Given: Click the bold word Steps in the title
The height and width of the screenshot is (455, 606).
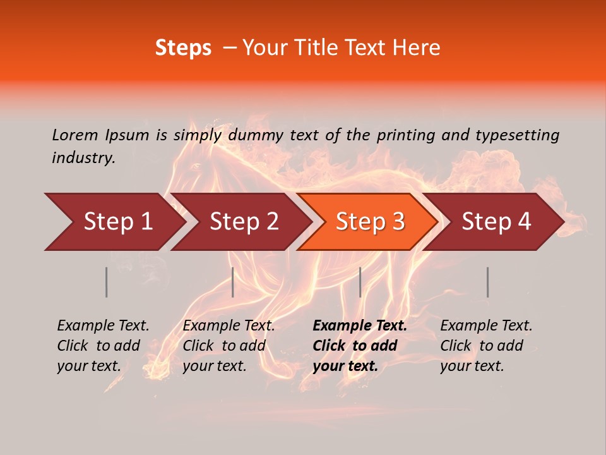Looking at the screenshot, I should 183,48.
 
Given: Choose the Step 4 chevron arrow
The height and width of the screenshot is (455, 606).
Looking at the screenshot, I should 495,222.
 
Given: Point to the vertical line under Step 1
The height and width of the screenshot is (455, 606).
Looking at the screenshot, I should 107,282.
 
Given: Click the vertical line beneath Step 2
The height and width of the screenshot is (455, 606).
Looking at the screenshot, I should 233,282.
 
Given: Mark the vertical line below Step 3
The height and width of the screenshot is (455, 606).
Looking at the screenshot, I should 360,282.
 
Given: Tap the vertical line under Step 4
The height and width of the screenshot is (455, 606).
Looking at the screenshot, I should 487,282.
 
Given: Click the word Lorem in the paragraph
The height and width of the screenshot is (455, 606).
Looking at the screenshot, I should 75,135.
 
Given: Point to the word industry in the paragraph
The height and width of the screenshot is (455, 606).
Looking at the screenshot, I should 83,157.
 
